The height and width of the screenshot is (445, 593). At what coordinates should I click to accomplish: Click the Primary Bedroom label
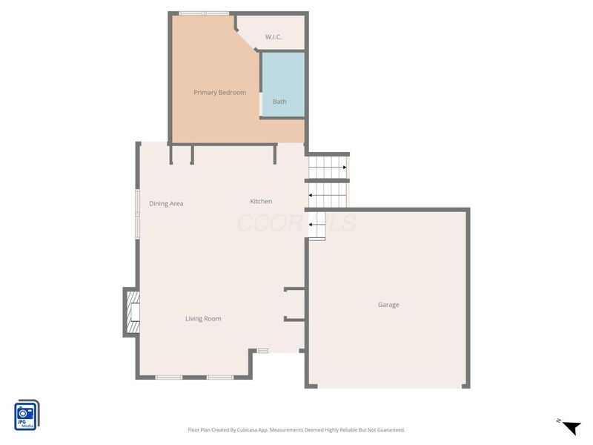click(219, 93)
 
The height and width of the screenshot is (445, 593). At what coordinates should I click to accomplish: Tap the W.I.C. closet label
click(274, 37)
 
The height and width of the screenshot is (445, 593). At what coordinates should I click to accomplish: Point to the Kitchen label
click(261, 202)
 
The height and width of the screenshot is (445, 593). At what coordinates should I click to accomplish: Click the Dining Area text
click(166, 204)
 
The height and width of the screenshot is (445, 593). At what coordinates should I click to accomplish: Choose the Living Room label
click(203, 319)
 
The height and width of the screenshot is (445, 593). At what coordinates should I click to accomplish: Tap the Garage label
click(388, 305)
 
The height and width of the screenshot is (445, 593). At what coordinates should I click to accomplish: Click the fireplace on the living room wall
click(132, 312)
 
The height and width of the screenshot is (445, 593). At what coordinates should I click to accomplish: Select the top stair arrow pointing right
click(345, 168)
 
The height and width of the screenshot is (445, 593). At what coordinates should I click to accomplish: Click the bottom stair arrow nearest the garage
click(311, 224)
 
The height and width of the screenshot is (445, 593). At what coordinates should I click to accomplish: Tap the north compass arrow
click(571, 427)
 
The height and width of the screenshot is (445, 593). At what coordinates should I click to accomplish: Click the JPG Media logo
click(27, 415)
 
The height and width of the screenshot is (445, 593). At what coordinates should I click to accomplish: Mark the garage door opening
click(388, 386)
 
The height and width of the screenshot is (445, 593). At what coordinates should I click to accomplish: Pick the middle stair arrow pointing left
click(311, 196)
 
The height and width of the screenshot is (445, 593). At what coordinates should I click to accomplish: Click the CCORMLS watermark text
click(296, 222)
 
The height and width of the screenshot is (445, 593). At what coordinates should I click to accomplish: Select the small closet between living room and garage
click(294, 304)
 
